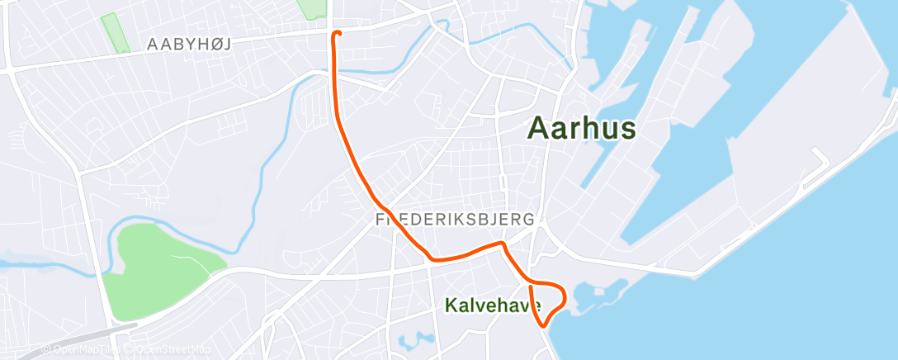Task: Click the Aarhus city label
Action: [x=582, y=128]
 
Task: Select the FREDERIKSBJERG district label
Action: [x=455, y=220]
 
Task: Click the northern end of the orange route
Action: [x=336, y=33]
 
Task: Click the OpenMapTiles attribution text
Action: [x=79, y=348]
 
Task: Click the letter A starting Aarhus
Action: [x=539, y=129]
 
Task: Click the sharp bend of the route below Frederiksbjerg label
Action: [x=500, y=244]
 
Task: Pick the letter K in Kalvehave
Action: [x=451, y=306]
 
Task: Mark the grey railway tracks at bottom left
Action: [x=66, y=347]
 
